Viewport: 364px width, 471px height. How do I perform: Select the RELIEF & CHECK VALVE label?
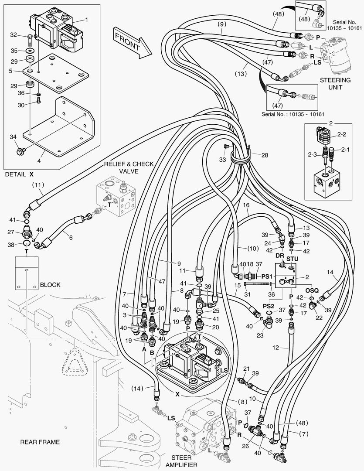point(129,167)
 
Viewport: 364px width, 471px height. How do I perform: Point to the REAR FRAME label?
point(40,442)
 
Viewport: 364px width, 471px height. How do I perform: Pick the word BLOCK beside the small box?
point(50,285)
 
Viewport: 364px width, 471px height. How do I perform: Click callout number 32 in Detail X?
point(14,35)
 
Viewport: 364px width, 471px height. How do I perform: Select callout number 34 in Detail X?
point(13,138)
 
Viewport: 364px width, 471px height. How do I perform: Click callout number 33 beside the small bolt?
point(223,160)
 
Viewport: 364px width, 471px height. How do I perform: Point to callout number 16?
point(246,205)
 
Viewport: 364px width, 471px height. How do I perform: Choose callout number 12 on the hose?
point(287,348)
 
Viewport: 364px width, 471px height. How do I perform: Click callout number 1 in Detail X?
point(86,20)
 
